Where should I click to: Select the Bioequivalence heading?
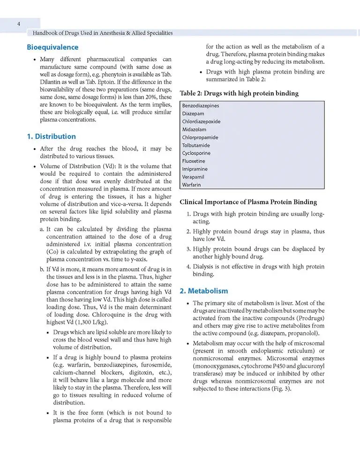coord(52,47)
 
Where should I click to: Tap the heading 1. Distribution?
coord(51,136)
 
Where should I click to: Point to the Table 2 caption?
coord(239,93)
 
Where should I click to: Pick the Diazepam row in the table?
coord(194,113)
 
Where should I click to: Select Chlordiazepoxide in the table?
coord(201,121)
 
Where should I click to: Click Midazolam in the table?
coord(194,129)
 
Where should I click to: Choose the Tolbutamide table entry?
coord(196,145)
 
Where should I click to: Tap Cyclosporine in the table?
coord(196,153)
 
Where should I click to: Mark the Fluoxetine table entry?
coord(194,161)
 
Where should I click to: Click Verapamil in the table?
coord(194,177)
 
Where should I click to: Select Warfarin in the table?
coord(192,185)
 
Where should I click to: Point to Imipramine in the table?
coord(195,169)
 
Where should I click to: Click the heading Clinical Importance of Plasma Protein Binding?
coord(248,203)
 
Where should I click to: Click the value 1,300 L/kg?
coord(86,323)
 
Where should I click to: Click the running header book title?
coord(100,33)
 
